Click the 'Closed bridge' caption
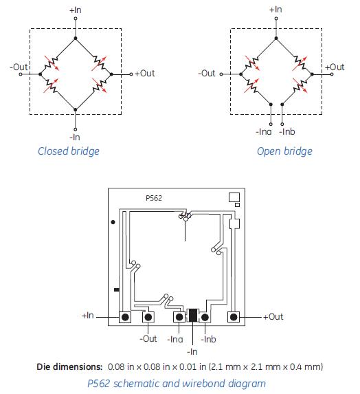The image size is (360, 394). point(69,151)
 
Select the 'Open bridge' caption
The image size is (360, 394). point(284,151)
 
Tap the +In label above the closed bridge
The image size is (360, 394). point(76,10)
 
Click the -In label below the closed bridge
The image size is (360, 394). point(75,138)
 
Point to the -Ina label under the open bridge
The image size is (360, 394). point(264,131)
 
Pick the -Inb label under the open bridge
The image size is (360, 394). point(287,131)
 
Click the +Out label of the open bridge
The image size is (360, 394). point(335,67)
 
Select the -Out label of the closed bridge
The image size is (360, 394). point(19,67)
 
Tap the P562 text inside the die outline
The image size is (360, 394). point(154,198)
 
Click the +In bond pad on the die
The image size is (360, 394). point(125,317)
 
